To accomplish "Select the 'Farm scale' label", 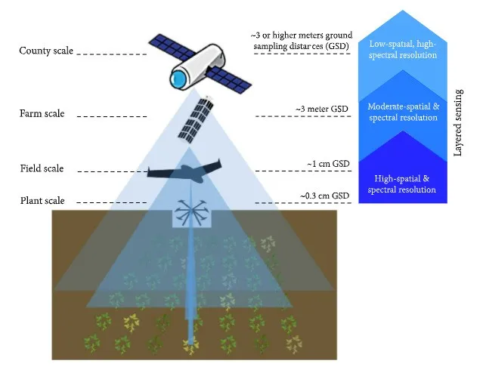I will pos(42,114).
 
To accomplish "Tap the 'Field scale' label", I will pos(42,168).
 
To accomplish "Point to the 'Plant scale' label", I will pos(42,201).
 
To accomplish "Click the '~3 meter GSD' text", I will pos(323,109).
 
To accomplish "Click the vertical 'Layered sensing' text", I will pos(458,120).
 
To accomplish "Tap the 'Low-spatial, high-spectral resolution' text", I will pos(401,50).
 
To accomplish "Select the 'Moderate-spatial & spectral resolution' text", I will pos(401,113).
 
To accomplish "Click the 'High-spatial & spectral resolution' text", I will pos(401,183).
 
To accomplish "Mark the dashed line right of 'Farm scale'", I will pos(113,116).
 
